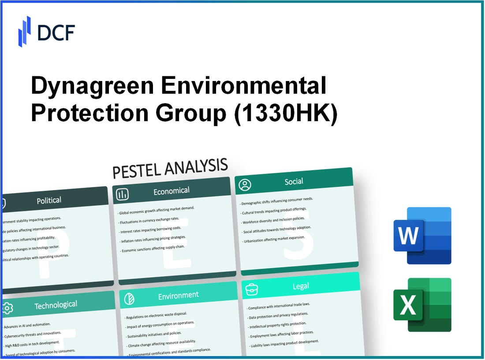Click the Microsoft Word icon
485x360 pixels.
(422, 236)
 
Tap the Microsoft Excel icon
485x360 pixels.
(422, 305)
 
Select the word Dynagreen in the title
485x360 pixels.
(91, 86)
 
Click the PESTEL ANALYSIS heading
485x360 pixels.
(170, 168)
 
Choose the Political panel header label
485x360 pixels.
(49, 200)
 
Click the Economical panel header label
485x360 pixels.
(171, 191)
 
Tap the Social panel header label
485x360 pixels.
(294, 182)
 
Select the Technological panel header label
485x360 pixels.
(56, 304)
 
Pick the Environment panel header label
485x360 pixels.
(178, 295)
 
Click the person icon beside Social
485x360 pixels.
(245, 185)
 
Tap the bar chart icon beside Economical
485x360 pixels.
(123, 194)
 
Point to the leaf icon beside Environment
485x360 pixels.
(130, 298)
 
